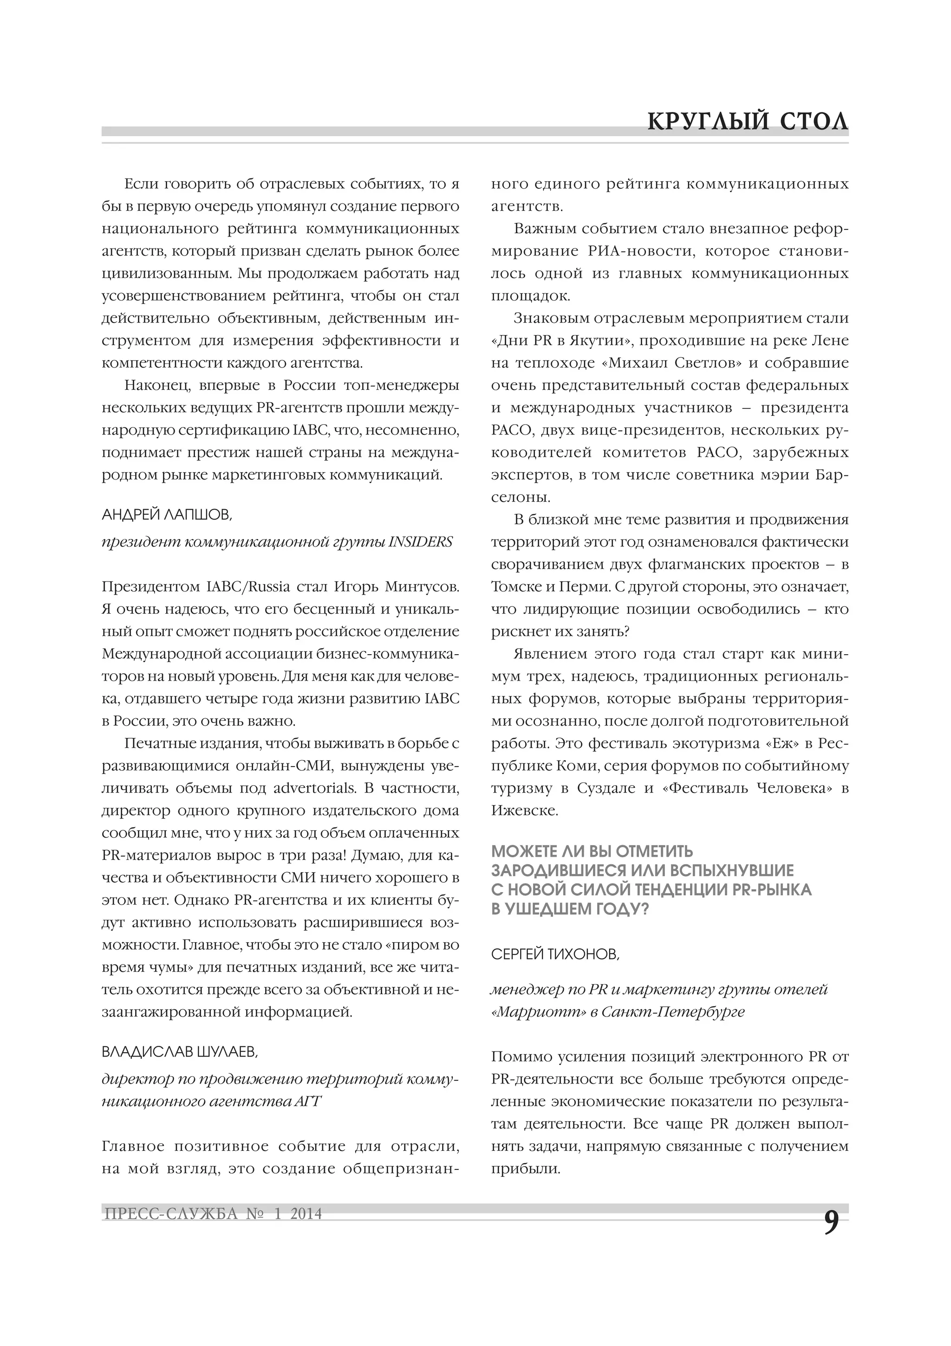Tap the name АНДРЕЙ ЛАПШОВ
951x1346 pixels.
point(167,515)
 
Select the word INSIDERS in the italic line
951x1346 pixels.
point(421,542)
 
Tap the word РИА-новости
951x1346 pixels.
point(638,251)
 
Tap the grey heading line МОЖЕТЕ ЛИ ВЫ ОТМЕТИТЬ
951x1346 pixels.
point(592,851)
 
